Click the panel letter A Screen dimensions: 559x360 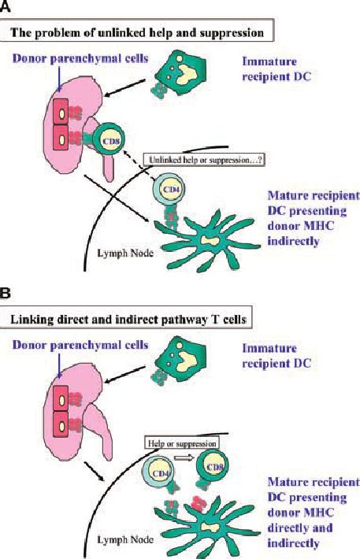coord(7,6)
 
